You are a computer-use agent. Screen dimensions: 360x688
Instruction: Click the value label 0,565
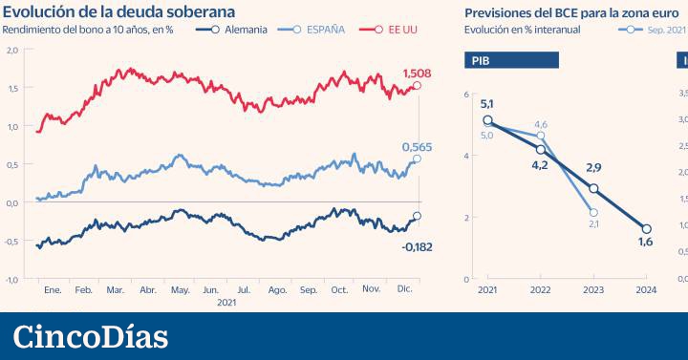point(416,146)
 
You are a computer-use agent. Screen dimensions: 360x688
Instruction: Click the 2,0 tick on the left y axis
point(11,50)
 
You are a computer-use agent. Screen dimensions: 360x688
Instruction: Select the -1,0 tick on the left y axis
point(11,279)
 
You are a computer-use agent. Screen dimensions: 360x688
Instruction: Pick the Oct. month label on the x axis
point(340,288)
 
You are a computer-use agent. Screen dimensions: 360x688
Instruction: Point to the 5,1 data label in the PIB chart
point(486,104)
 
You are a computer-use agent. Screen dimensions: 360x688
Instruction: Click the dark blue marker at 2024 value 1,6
point(647,229)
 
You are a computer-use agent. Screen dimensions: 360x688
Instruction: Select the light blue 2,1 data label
point(593,224)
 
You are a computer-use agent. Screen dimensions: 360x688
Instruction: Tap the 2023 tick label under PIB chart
point(593,290)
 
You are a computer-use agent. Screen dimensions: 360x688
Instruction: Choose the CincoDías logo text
point(91,336)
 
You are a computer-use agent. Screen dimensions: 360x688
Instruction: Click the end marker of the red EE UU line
point(417,87)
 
